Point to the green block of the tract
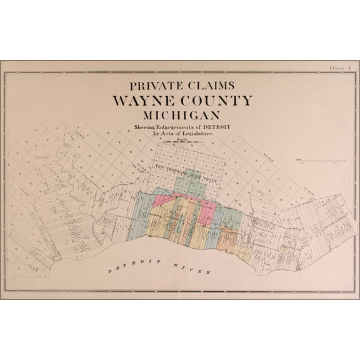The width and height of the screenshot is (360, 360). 189,183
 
